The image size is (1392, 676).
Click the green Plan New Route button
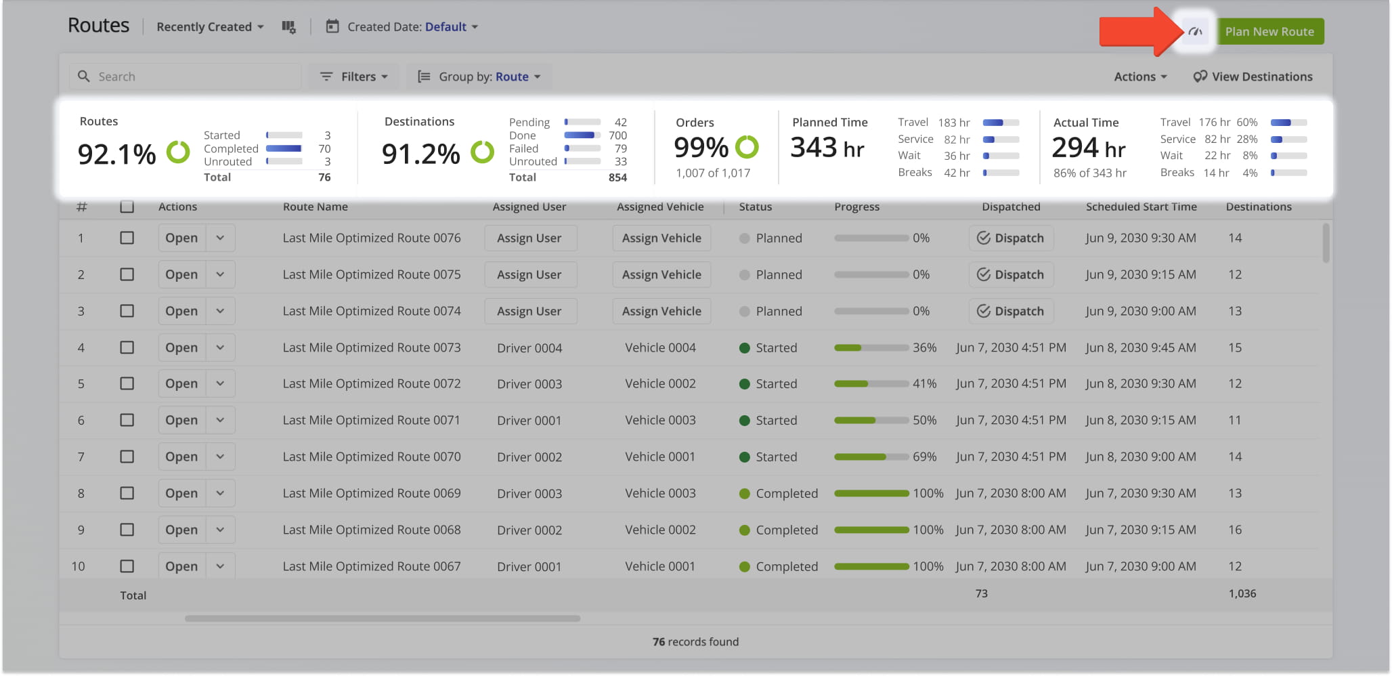(1269, 32)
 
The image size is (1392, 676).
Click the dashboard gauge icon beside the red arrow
(1196, 31)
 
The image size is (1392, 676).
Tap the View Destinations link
(1253, 77)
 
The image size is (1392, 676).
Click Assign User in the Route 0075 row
(529, 274)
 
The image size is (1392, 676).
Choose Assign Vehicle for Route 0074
(661, 311)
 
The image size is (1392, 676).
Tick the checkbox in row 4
(127, 347)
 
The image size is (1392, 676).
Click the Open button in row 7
(181, 457)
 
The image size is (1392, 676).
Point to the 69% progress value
(924, 457)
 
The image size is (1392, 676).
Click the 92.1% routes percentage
(116, 154)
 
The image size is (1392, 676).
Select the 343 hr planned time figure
(827, 148)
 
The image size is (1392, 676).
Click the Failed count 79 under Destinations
(620, 148)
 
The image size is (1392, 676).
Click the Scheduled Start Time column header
(1141, 207)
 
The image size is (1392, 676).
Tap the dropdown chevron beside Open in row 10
(220, 566)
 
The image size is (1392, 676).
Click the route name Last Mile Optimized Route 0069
(372, 493)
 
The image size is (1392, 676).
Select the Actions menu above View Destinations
(1140, 77)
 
